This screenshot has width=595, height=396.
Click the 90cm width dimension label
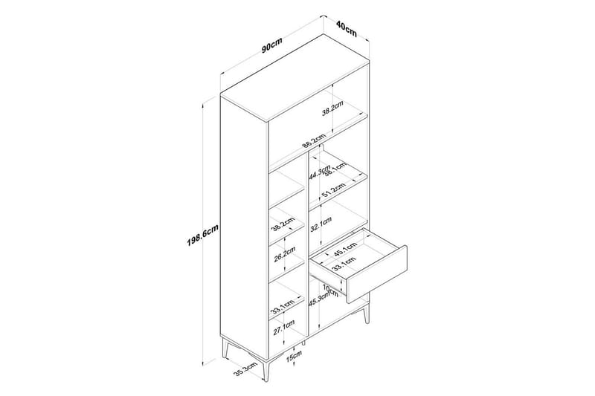pos(271,47)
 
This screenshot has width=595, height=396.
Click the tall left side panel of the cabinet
pos(244,223)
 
